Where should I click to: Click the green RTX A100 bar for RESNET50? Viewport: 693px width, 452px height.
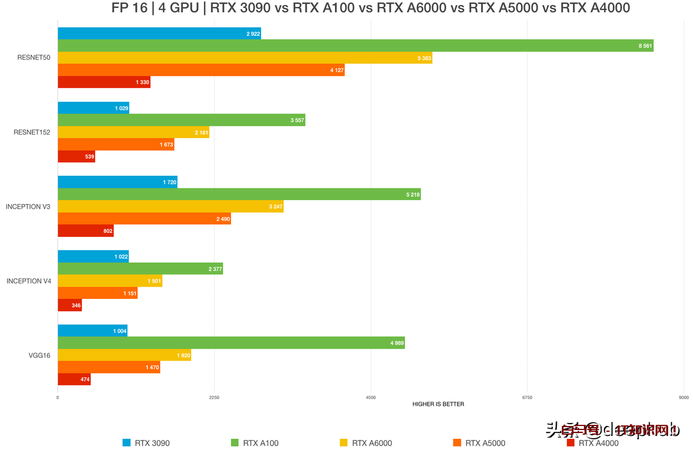355,46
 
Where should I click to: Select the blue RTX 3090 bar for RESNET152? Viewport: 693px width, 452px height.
93,108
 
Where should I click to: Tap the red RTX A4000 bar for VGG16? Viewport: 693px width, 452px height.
74,379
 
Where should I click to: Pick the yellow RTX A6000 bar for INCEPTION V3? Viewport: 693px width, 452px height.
170,206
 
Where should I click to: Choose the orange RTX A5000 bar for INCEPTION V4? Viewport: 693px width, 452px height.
98,294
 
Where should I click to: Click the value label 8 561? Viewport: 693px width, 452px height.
645,46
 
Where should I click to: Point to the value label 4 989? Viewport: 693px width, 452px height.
397,343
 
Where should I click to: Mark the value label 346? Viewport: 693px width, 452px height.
76,306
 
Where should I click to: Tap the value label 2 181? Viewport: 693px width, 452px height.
201,133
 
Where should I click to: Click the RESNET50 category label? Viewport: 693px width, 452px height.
33,58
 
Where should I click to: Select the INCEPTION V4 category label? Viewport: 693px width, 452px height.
29,281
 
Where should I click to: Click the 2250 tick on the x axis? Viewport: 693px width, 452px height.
214,398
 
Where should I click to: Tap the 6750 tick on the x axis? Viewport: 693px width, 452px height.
527,398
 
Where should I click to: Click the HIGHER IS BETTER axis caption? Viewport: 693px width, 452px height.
438,404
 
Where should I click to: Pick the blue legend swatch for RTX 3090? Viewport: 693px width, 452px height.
126,443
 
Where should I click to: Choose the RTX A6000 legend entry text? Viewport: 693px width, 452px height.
372,443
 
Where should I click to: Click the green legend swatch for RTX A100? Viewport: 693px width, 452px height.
234,443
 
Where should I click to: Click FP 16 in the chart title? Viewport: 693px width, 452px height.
130,9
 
